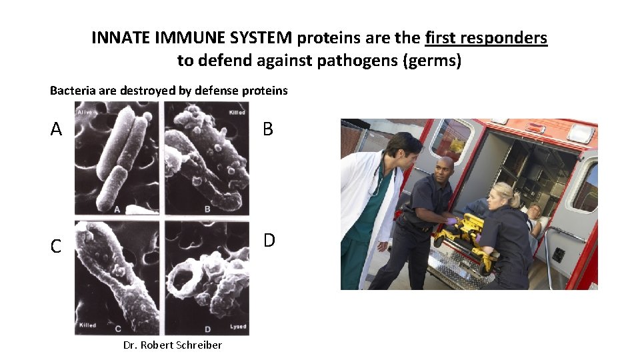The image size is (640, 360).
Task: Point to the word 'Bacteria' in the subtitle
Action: (x=73, y=90)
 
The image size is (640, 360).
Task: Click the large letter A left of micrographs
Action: (x=56, y=129)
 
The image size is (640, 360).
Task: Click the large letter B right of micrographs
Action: (x=268, y=129)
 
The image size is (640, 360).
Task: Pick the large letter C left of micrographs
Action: (x=56, y=246)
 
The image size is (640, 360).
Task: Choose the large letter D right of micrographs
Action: (x=269, y=239)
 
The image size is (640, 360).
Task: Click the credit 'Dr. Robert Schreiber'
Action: (x=173, y=345)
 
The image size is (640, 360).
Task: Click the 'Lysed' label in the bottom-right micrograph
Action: (x=237, y=327)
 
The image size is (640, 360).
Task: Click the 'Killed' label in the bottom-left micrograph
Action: (x=88, y=325)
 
